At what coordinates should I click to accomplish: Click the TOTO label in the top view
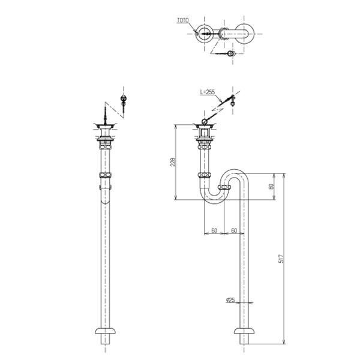coord(183,20)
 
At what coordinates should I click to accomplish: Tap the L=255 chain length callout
coord(208,92)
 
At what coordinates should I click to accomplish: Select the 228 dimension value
coord(173,162)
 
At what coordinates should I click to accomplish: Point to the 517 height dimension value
coord(281,259)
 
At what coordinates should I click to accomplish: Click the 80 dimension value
coord(271,186)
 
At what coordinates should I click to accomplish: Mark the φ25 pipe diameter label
coord(230,300)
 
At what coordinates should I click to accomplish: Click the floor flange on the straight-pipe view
coord(106,331)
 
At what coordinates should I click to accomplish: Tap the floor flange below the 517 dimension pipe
coord(244,331)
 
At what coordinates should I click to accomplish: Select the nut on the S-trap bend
coord(224,187)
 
